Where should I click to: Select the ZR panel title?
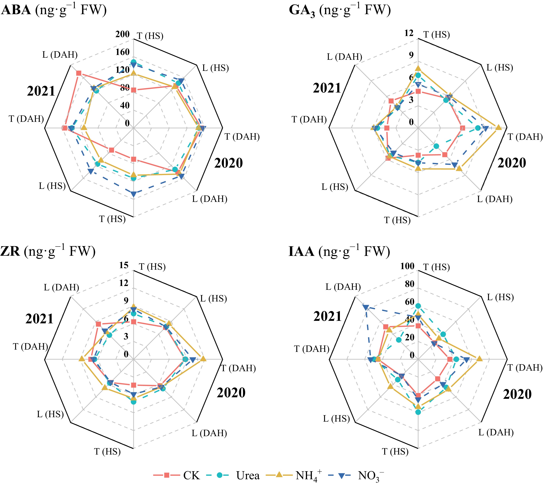[48, 251]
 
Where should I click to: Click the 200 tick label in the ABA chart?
[122, 34]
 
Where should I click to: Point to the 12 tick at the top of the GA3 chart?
[409, 33]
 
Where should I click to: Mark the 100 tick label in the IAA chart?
[407, 266]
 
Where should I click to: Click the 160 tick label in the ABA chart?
[122, 52]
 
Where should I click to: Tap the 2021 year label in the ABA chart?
[41, 91]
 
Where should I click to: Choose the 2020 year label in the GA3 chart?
[512, 163]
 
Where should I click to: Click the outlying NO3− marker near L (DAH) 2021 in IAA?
[365, 307]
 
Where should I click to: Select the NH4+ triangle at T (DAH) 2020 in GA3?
[498, 127]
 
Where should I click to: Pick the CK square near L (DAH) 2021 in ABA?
[79, 73]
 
